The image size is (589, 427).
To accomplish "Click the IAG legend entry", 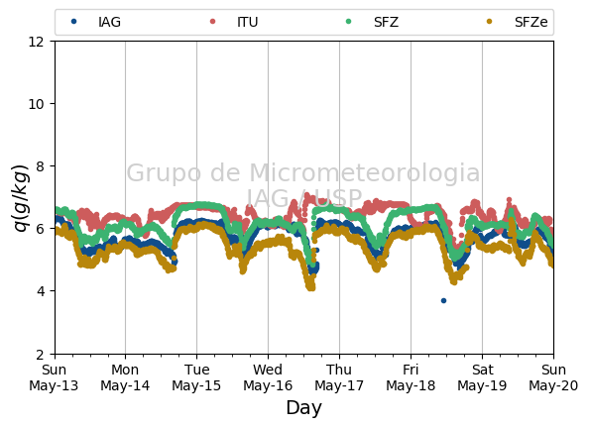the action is (x=96, y=22).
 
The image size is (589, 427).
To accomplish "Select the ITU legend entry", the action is (x=234, y=22).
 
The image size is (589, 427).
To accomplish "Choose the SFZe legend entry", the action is (x=517, y=22).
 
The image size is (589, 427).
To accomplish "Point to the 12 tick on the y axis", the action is (x=36, y=42).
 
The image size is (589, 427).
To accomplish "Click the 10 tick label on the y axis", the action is (x=36, y=104).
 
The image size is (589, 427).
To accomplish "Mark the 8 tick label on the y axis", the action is (x=40, y=166).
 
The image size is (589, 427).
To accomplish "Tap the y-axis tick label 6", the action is (x=40, y=229).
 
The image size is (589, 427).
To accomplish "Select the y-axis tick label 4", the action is (x=40, y=291).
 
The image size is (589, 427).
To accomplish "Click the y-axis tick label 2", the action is (x=40, y=354).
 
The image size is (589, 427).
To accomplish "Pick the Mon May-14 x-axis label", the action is (x=125, y=377).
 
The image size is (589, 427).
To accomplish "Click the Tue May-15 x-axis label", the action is (x=196, y=377).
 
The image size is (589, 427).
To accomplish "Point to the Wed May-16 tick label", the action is (x=268, y=377).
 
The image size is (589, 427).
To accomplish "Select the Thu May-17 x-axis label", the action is (x=339, y=377).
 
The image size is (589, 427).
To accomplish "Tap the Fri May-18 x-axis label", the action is (x=411, y=377).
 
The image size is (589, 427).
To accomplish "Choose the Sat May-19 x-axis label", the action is (x=482, y=377).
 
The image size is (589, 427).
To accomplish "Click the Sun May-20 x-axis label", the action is (x=553, y=377).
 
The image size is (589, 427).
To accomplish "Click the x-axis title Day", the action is (x=303, y=408).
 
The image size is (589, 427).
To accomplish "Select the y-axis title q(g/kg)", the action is (x=21, y=198).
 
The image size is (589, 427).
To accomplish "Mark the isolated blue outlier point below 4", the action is (x=443, y=300).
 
